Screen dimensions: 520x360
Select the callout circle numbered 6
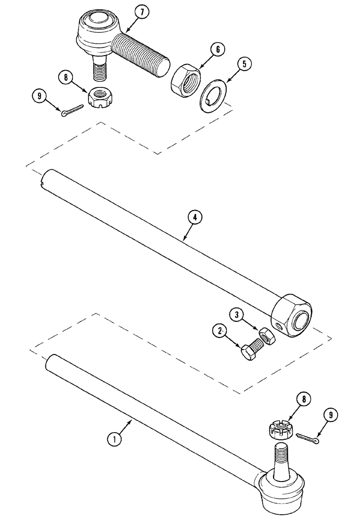click(x=217, y=50)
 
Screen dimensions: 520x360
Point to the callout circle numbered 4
click(x=194, y=217)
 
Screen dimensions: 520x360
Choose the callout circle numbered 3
click(x=236, y=314)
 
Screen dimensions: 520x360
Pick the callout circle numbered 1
click(x=114, y=439)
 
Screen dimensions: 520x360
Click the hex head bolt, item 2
click(x=251, y=348)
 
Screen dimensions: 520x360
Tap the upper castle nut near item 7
click(x=99, y=96)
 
